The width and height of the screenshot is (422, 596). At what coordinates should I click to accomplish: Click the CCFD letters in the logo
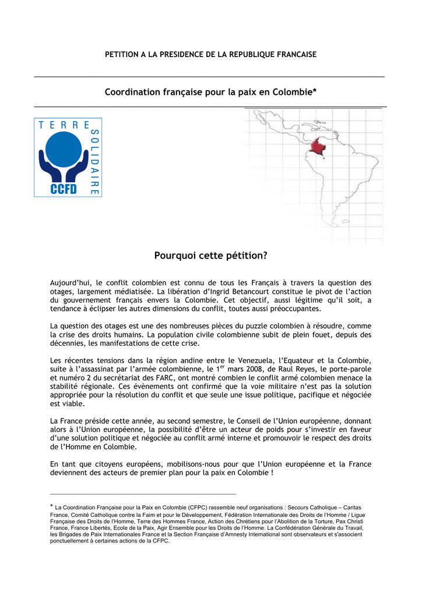pos(64,189)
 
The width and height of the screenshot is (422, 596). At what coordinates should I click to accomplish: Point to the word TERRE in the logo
pos(64,125)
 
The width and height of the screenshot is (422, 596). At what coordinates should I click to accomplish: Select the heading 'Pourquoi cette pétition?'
pos(210,255)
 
